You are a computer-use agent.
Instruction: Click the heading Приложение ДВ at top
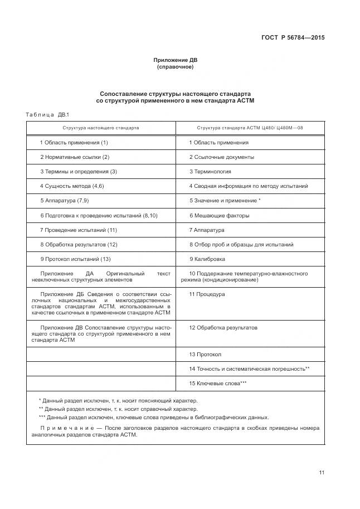tap(175, 60)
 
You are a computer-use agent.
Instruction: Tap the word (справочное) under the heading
tap(175, 67)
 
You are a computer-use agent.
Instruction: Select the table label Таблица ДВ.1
tap(46, 114)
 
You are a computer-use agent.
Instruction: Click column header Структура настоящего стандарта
tap(101, 128)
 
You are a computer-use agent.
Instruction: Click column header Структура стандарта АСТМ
tap(250, 128)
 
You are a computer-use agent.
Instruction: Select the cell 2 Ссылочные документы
tap(221, 157)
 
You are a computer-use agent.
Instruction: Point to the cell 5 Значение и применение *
tap(225, 201)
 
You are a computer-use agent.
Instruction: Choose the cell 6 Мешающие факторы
tap(219, 215)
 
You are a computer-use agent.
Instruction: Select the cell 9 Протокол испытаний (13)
tap(75, 259)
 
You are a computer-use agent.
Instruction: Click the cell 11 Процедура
tap(207, 294)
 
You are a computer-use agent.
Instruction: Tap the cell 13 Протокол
tap(205, 355)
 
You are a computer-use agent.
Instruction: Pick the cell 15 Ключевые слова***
tap(217, 384)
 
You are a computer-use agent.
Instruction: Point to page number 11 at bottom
tap(322, 473)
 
